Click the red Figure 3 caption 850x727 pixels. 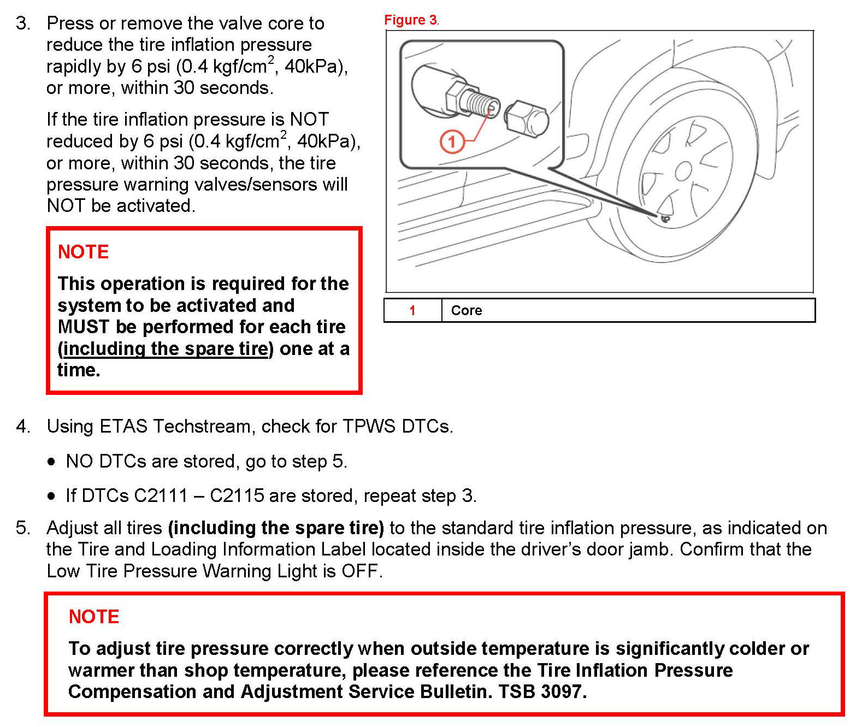(410, 20)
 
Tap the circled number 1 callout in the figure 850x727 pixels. (452, 142)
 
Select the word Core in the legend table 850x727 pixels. (466, 310)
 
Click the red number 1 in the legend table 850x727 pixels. (412, 310)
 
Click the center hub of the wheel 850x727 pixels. (683, 172)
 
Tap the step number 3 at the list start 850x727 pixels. (23, 23)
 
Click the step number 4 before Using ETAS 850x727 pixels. (23, 426)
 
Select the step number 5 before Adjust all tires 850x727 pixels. (23, 528)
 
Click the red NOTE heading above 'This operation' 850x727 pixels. (83, 252)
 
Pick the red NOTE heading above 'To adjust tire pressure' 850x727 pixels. (94, 617)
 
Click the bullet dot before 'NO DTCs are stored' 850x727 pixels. (51, 462)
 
